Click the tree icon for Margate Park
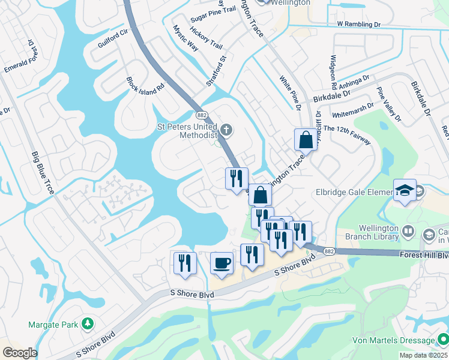coord(88,324)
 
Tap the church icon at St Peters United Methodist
coord(226,129)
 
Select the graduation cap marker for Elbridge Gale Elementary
coord(405,191)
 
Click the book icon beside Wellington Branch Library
coord(408,231)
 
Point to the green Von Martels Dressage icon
coord(442,340)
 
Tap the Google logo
coord(20,353)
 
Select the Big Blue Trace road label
coord(43,172)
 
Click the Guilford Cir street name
coord(113,38)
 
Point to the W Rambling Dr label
coord(359,24)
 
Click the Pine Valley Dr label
coord(388,102)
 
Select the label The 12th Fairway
coord(347,134)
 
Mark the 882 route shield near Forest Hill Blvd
coord(328,251)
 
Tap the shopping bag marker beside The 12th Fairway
coord(306,140)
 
